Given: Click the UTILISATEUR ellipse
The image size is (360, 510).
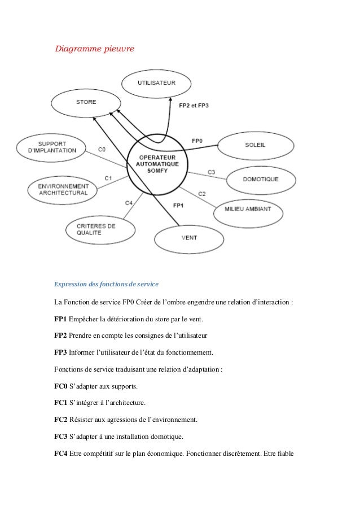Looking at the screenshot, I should pyautogui.click(x=157, y=84).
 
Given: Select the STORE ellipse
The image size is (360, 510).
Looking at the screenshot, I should pyautogui.click(x=86, y=102).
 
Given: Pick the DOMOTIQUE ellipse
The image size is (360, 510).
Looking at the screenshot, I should pyautogui.click(x=261, y=180).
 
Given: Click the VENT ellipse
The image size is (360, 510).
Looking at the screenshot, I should pyautogui.click(x=190, y=238).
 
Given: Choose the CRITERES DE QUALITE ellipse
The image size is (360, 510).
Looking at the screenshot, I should pyautogui.click(x=99, y=229).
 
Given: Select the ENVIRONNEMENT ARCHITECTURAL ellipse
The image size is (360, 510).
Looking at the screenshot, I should pyautogui.click(x=63, y=189).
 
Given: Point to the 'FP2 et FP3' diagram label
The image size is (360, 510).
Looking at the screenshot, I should pyautogui.click(x=194, y=106).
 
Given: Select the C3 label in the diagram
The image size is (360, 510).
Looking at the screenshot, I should pyautogui.click(x=211, y=171).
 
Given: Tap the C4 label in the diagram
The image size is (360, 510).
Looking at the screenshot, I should pyautogui.click(x=129, y=202).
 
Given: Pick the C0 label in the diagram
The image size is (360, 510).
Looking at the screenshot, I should pyautogui.click(x=102, y=149).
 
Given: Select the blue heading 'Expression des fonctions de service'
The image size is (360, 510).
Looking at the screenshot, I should pyautogui.click(x=107, y=283).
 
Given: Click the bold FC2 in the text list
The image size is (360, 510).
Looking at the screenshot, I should pyautogui.click(x=61, y=420).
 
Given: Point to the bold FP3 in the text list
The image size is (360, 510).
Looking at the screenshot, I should pyautogui.click(x=61, y=352).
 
